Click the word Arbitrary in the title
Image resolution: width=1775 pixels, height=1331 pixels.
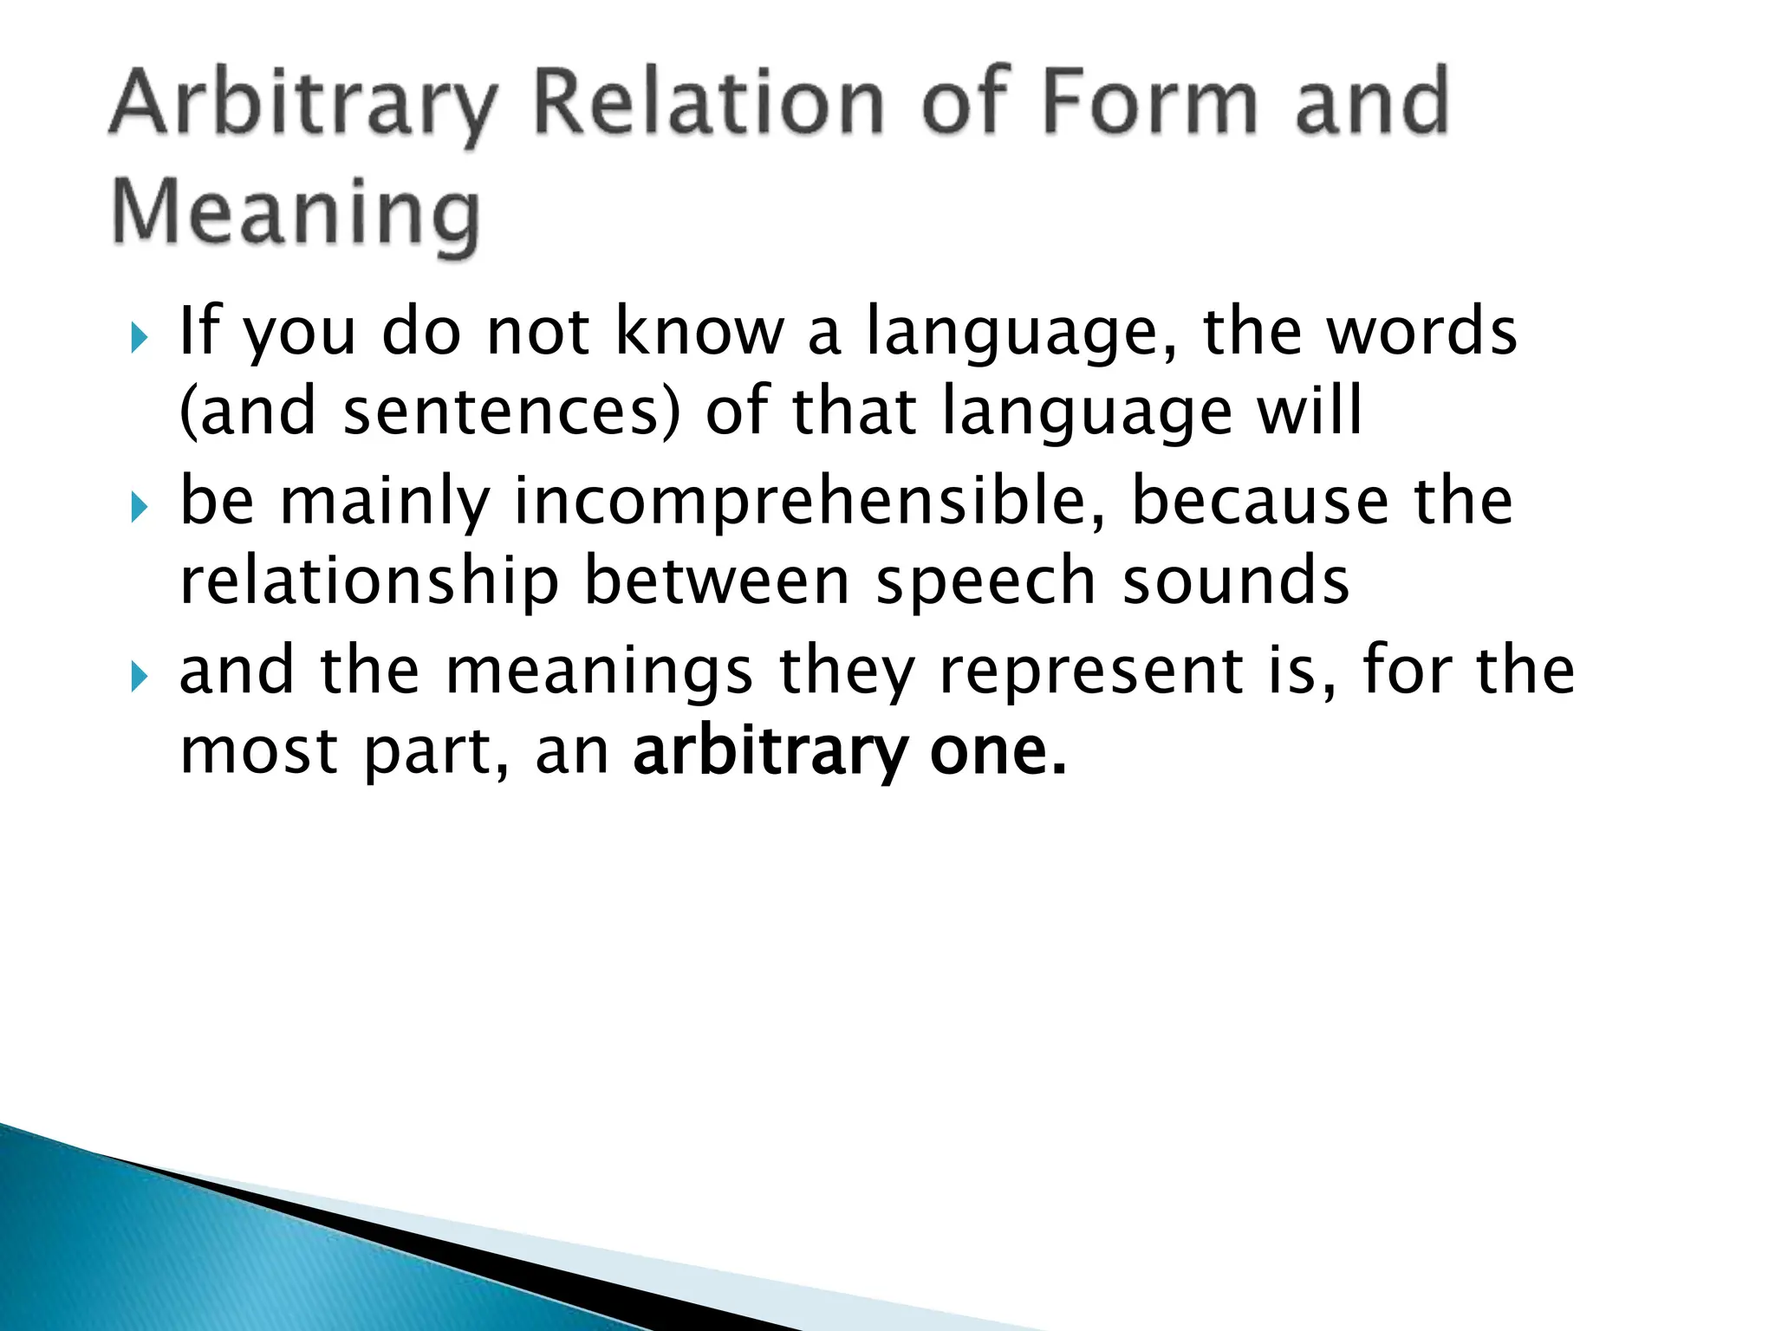[303, 106]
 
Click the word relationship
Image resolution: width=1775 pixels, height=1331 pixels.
[369, 581]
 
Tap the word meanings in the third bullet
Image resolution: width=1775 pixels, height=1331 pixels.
[598, 671]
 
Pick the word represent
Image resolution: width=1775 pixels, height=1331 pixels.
[1092, 672]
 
